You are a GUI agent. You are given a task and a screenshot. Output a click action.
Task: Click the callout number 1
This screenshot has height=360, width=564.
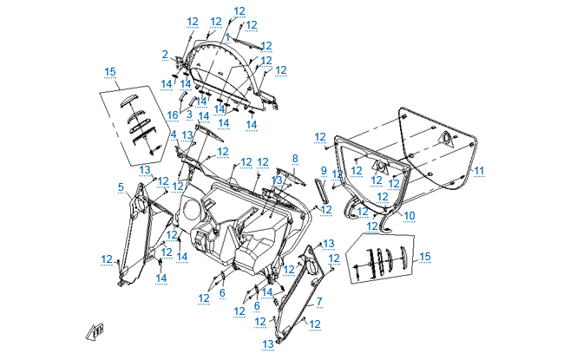pyautogui.click(x=226, y=37)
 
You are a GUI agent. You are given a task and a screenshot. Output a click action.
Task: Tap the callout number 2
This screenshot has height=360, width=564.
pyautogui.click(x=165, y=55)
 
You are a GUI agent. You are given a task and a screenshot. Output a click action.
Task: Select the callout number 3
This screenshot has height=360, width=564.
pyautogui.click(x=189, y=114)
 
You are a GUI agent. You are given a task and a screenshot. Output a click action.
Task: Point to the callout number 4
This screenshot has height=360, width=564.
pyautogui.click(x=173, y=134)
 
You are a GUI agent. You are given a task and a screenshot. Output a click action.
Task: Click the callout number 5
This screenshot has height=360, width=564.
pyautogui.click(x=121, y=187)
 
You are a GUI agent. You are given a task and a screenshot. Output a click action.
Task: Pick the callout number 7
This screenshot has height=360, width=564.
pyautogui.click(x=318, y=301)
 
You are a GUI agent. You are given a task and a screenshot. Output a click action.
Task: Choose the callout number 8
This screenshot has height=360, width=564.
pyautogui.click(x=295, y=159)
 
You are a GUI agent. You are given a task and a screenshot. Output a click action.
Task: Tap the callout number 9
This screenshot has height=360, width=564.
pyautogui.click(x=323, y=170)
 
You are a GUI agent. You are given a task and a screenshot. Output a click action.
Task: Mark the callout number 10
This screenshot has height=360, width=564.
pyautogui.click(x=410, y=215)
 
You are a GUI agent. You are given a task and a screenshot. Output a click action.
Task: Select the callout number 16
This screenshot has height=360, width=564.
pyautogui.click(x=173, y=115)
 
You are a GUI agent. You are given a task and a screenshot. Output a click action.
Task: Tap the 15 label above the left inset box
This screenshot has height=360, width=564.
pyautogui.click(x=110, y=71)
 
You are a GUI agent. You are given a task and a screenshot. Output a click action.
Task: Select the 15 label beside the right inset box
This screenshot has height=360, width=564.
pyautogui.click(x=424, y=257)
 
